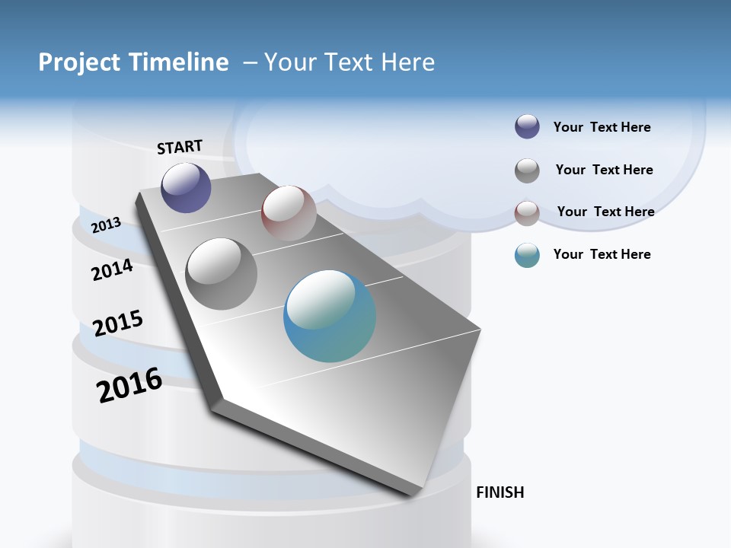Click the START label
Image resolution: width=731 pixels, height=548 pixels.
180,147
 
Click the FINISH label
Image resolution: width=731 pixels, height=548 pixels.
500,492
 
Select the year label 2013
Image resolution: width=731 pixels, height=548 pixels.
106,225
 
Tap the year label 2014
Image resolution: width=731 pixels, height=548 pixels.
112,269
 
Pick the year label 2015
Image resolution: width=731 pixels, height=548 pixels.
118,323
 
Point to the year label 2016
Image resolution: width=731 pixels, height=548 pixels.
129,385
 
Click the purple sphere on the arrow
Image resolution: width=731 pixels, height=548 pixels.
186,187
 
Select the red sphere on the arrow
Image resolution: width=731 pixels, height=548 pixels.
289,212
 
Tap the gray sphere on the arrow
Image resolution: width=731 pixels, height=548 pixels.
222,274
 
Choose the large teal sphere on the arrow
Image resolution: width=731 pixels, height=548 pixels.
330,316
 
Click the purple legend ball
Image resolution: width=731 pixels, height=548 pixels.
527,127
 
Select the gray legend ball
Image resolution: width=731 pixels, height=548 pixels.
527,170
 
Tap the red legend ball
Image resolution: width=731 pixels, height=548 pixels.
527,213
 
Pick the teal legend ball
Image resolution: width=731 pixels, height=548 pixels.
527,255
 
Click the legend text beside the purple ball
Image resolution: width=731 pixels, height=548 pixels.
602,127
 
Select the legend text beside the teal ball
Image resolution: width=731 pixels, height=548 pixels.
602,254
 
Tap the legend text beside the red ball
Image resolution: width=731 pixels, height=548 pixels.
605,212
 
